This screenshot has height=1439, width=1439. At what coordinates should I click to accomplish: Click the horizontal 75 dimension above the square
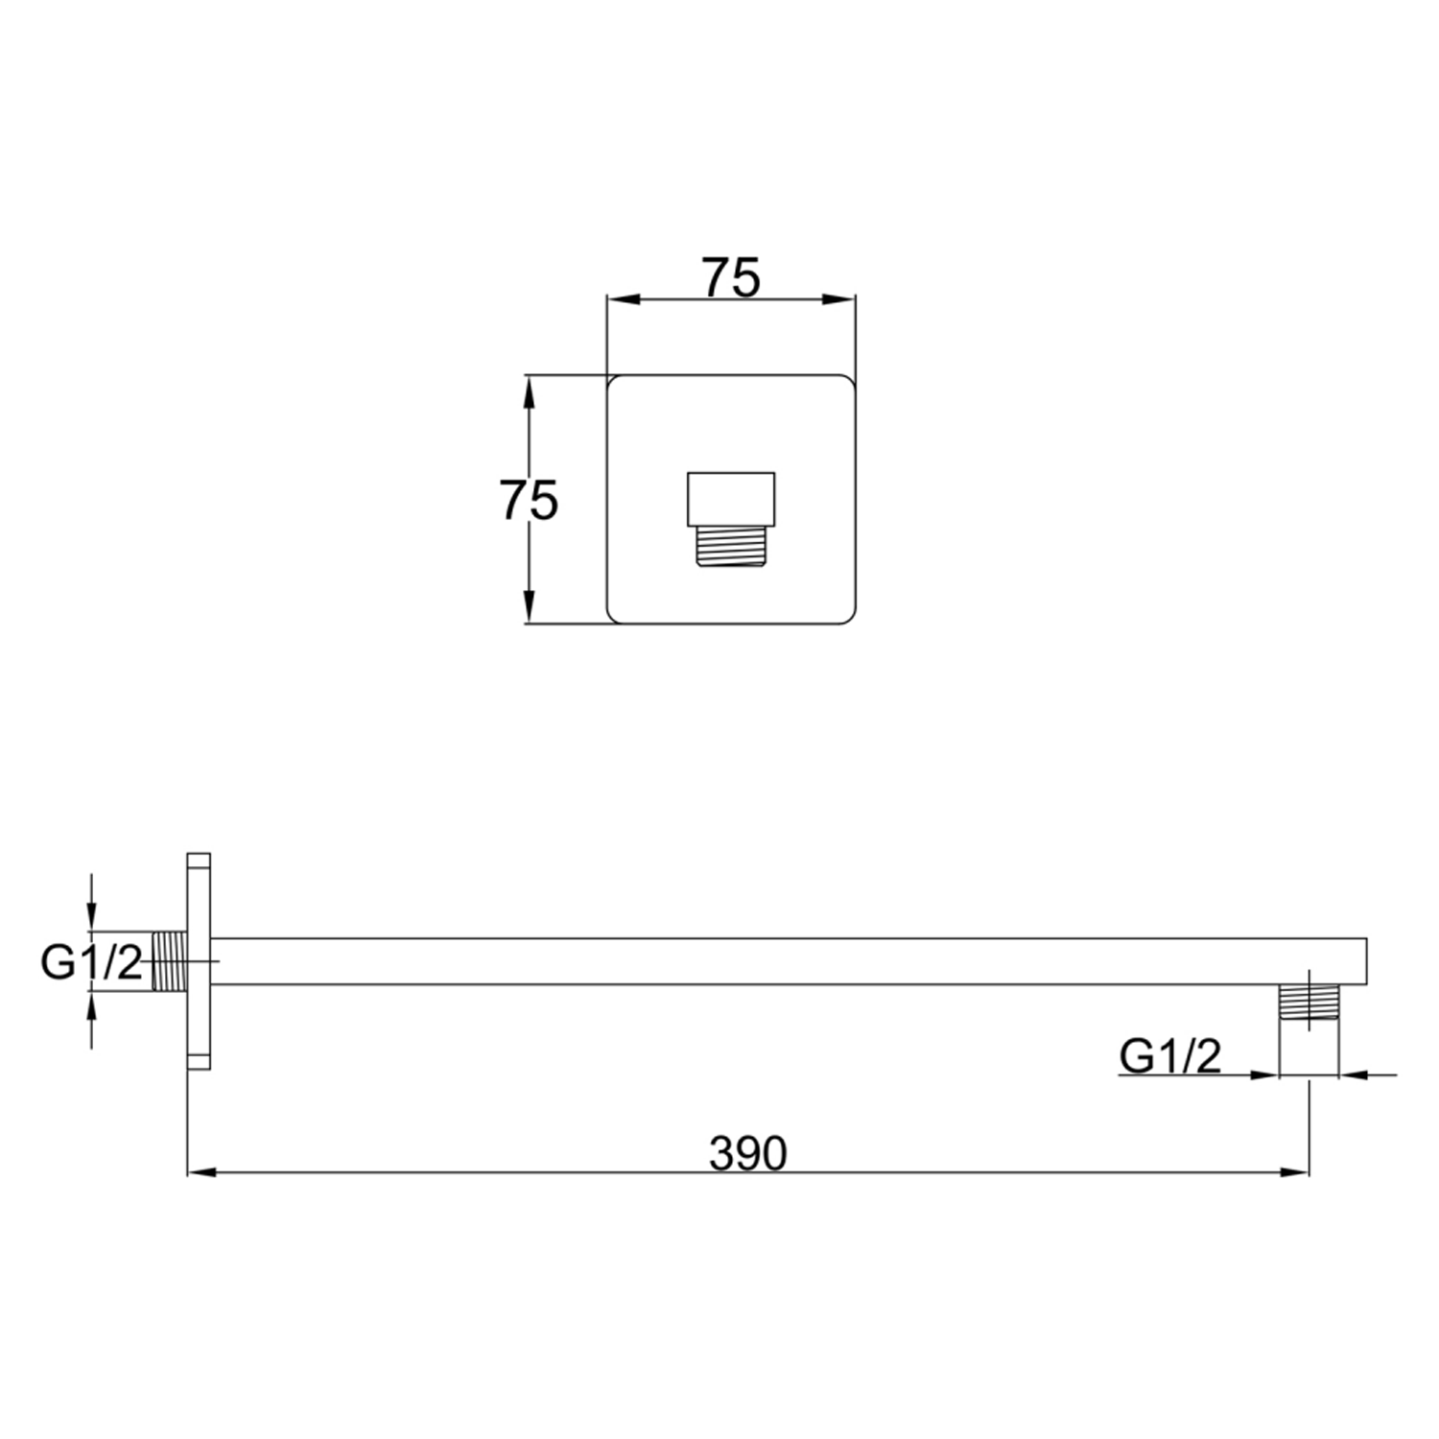(x=731, y=278)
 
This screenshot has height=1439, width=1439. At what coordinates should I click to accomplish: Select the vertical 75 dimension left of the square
(x=528, y=500)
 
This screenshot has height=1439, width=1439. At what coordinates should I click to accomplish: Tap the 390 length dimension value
(x=747, y=1153)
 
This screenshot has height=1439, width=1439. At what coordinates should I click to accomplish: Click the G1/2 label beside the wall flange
(x=91, y=962)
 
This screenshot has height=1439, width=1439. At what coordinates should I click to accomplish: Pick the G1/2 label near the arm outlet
(x=1169, y=1056)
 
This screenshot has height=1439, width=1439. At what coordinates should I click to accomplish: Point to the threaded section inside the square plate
(x=731, y=548)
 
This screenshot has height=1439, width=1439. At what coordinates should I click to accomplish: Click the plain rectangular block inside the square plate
(x=731, y=499)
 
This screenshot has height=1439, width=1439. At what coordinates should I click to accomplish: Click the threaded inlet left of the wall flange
(x=169, y=960)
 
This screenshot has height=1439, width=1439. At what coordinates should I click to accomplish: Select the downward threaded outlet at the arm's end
(x=1309, y=1005)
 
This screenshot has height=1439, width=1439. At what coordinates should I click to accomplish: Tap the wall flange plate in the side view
(x=199, y=960)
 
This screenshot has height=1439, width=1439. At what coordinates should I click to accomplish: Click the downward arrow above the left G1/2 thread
(x=91, y=916)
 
